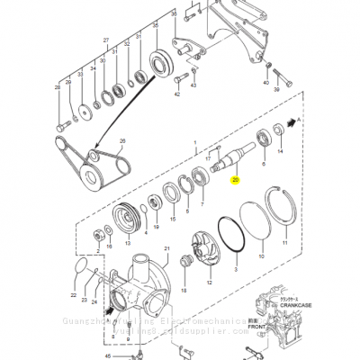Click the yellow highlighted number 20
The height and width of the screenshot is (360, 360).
pyautogui.click(x=235, y=180)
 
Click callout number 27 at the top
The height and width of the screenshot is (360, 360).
pyautogui.click(x=105, y=42)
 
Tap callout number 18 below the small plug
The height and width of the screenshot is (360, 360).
pyautogui.click(x=184, y=292)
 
